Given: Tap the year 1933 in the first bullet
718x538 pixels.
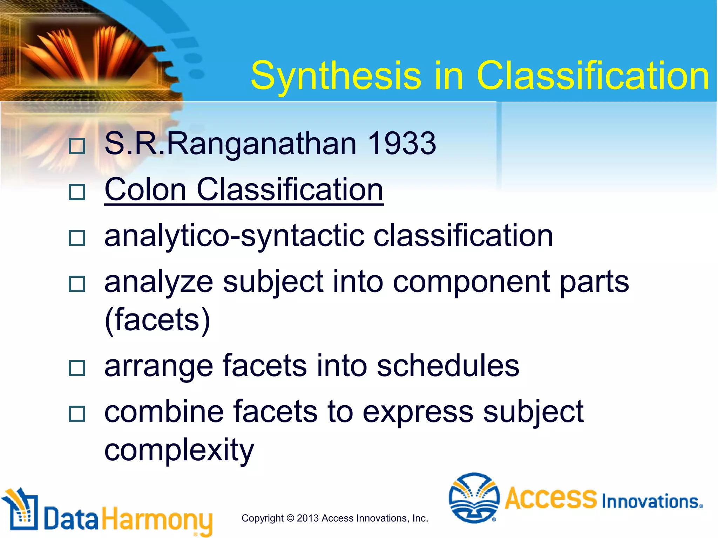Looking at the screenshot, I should click(x=402, y=143).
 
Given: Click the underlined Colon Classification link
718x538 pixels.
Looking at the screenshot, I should click(x=244, y=189).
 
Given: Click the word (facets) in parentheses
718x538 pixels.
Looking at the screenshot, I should click(x=157, y=319).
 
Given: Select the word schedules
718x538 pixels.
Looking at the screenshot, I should click(x=448, y=365).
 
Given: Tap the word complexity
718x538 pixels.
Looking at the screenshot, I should click(x=179, y=450).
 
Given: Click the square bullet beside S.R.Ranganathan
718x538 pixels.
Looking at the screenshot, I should click(x=77, y=146).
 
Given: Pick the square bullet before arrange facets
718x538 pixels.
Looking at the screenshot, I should click(x=77, y=368).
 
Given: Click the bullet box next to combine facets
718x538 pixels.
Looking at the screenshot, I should click(x=77, y=414).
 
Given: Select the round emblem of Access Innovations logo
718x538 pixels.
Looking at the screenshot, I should click(x=474, y=498).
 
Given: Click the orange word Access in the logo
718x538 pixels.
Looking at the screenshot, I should click(x=550, y=498).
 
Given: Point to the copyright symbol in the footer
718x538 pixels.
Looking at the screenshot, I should click(x=290, y=518).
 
